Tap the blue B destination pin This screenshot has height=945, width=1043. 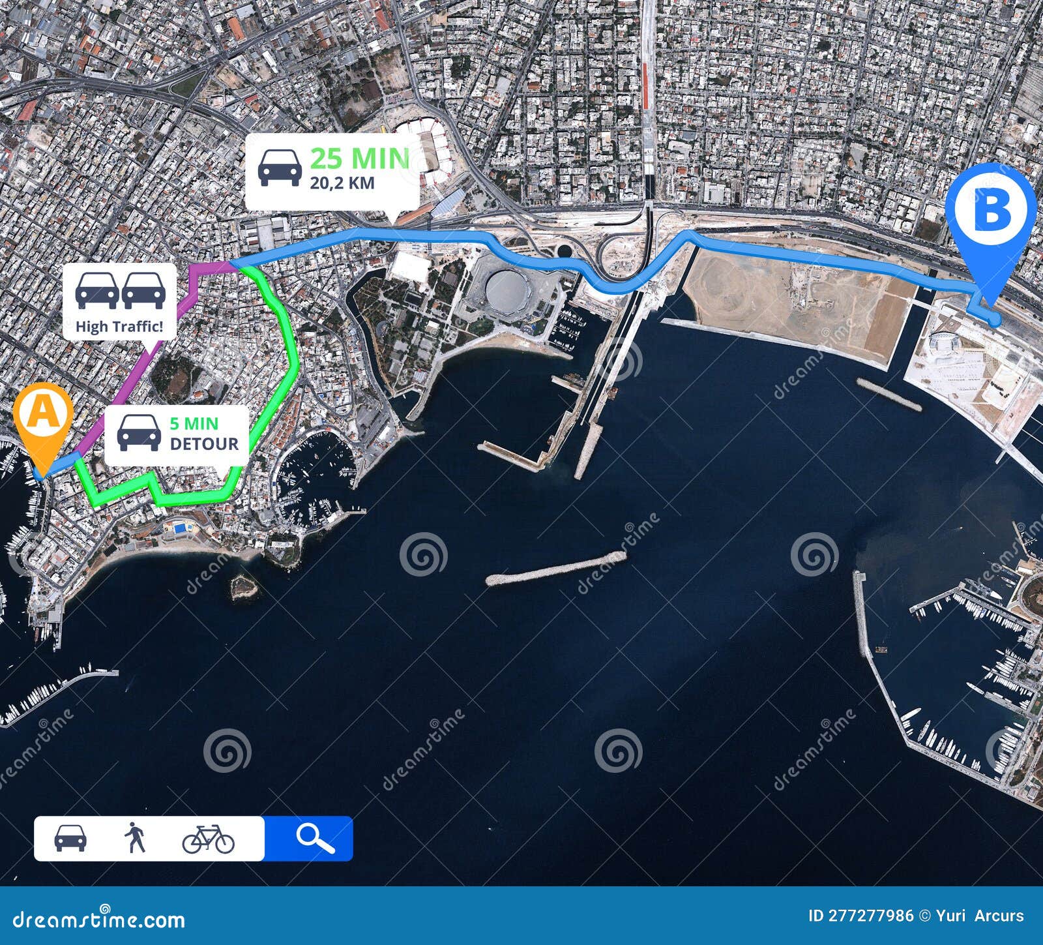tap(990, 209)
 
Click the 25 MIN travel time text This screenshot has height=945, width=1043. tap(359, 158)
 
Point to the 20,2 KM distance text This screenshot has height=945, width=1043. tap(342, 183)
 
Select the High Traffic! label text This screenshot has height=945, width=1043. tap(119, 327)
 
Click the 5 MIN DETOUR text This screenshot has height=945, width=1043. tap(203, 434)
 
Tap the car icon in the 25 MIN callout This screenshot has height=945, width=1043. tap(280, 167)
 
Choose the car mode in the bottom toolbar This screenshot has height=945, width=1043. tap(70, 838)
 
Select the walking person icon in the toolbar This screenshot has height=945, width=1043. tap(135, 838)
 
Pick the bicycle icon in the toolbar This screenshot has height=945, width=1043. tap(208, 839)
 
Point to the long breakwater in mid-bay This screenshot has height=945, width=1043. tap(555, 568)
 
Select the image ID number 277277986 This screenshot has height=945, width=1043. tap(870, 916)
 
